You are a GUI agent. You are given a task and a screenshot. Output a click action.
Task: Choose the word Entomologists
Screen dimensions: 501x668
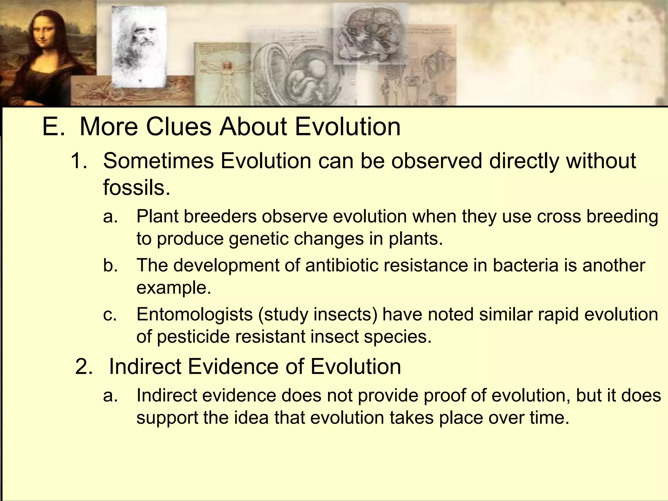194,314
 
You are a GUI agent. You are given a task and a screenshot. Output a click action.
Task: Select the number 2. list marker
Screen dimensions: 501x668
84,367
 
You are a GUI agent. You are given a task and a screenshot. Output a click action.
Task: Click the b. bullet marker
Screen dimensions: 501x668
110,265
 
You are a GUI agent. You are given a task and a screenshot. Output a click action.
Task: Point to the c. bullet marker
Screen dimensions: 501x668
110,314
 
